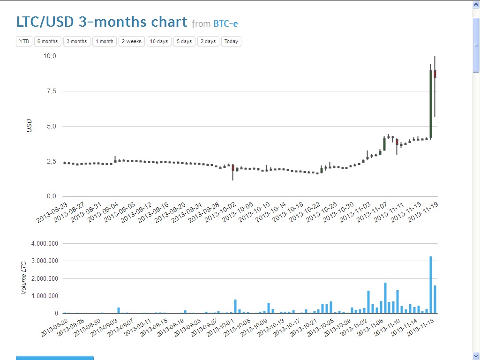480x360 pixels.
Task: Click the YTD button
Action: (x=24, y=41)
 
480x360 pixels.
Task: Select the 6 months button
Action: (x=48, y=41)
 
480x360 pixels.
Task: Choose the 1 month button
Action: (x=105, y=41)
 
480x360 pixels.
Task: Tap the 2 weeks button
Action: (x=132, y=41)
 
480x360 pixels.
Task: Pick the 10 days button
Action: (x=159, y=41)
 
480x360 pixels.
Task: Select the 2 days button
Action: (x=208, y=41)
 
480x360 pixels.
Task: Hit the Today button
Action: (x=231, y=41)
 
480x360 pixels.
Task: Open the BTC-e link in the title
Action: (x=229, y=23)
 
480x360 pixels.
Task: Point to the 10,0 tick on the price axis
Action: (x=50, y=56)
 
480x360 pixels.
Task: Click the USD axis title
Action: (x=29, y=126)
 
